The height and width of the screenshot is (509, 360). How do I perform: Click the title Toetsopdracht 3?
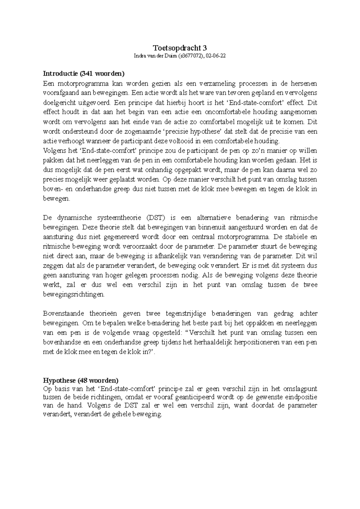(180, 48)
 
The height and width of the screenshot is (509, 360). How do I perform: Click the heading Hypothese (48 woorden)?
(81, 380)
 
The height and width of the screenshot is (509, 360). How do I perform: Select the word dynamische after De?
(74, 217)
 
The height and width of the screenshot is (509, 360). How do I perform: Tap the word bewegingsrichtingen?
(74, 294)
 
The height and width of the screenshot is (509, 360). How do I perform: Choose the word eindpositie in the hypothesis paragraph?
(302, 397)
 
